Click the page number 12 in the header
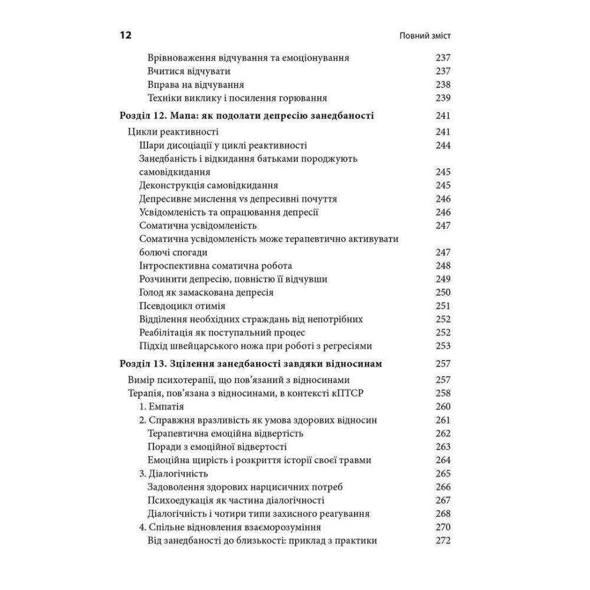pos(125,35)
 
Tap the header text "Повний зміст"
pos(425,36)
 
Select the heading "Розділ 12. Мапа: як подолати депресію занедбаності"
pos(246,116)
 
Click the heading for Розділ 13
pos(251,364)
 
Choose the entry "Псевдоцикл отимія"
pos(182,306)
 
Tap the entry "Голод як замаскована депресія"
pos(206,293)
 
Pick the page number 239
pos(442,99)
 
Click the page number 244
pos(442,146)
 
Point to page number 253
pos(442,346)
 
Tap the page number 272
pos(442,541)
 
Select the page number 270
pos(442,527)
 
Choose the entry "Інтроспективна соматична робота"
pos(215,266)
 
